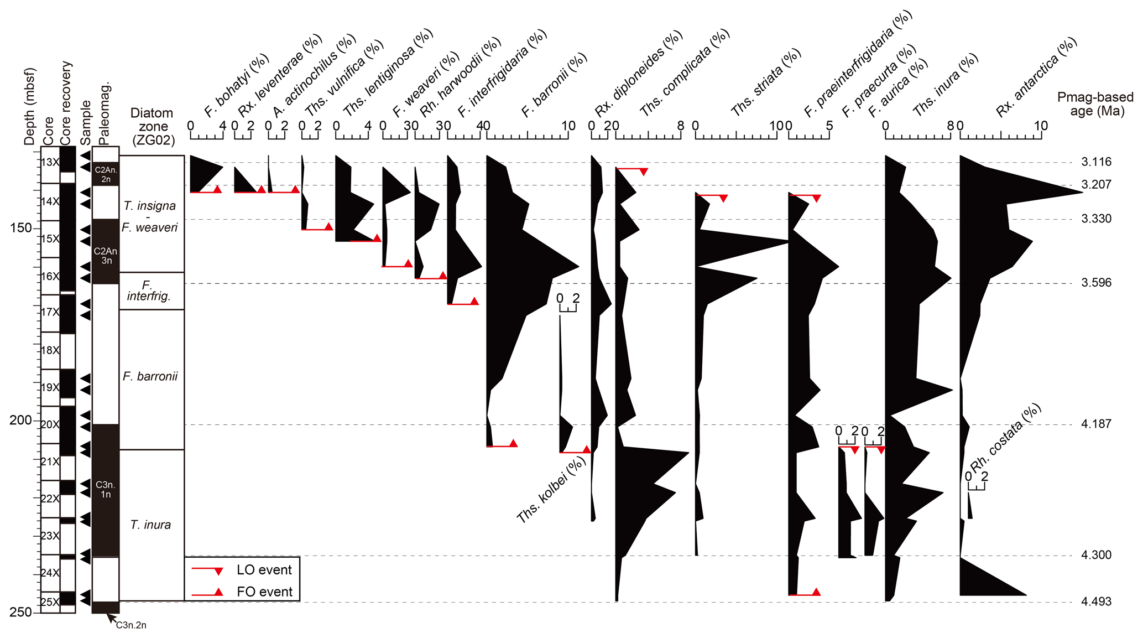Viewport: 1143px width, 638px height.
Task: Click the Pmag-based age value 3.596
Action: point(1096,283)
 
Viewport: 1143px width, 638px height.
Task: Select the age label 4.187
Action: point(1096,424)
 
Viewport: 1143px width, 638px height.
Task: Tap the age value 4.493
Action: point(1096,601)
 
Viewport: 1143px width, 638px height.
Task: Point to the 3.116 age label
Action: point(1096,162)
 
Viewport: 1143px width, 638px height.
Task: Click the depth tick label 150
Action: point(21,227)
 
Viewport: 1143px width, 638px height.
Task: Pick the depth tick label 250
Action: point(21,612)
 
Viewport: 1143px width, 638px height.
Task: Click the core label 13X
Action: point(50,163)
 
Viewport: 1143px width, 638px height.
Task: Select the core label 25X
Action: point(50,602)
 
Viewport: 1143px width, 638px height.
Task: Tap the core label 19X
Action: point(50,387)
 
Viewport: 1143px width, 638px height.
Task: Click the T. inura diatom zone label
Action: point(150,525)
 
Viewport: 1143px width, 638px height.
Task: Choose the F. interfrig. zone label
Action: point(148,291)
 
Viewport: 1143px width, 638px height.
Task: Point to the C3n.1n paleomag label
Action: point(106,490)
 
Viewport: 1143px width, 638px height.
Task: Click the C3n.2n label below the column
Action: point(131,625)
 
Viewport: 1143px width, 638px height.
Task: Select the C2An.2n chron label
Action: point(106,174)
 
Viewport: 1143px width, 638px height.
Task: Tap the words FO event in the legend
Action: point(264,592)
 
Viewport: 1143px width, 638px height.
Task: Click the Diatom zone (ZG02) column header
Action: point(152,127)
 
